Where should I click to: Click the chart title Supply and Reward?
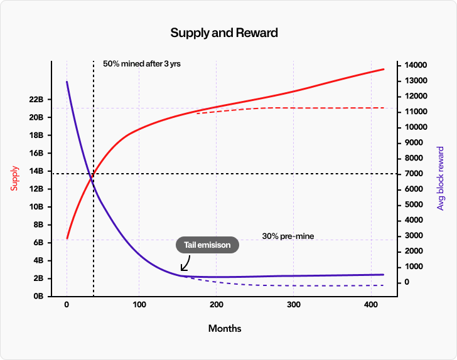click(224, 32)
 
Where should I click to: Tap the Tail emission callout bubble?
click(208, 245)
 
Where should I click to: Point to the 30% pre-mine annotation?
click(288, 236)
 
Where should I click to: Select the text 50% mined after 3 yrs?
click(142, 64)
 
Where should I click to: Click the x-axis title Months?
click(224, 329)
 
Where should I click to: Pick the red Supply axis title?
click(14, 178)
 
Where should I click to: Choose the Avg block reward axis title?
click(440, 178)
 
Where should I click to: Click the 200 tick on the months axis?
click(216, 305)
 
